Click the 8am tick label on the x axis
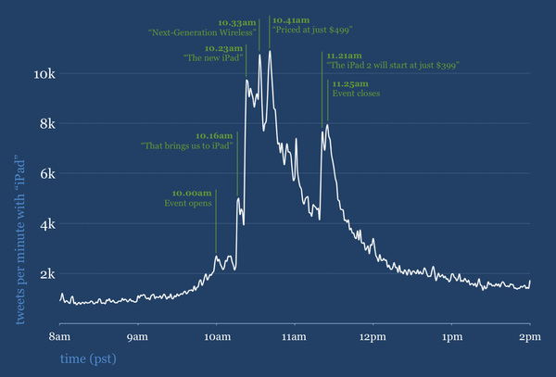(x=60, y=334)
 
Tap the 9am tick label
(x=138, y=334)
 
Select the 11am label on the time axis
(x=294, y=334)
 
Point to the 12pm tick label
(x=373, y=334)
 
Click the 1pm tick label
(x=451, y=334)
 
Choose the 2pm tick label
(x=529, y=334)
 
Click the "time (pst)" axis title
(x=90, y=357)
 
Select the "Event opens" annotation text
(x=188, y=203)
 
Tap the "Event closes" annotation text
(x=356, y=94)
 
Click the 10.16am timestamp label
(x=214, y=135)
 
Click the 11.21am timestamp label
(x=343, y=55)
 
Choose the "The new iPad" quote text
(x=214, y=58)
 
